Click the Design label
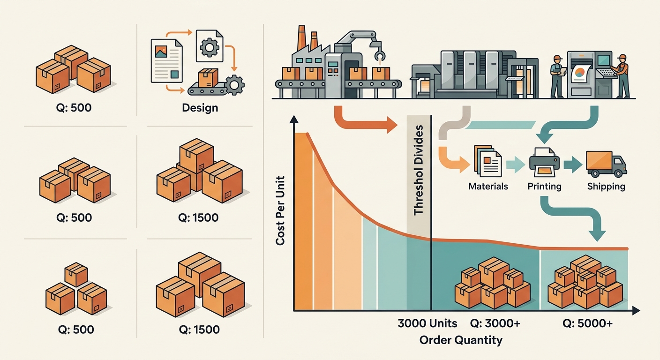point(200,108)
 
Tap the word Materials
point(488,186)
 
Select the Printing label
point(544,186)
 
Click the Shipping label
point(606,186)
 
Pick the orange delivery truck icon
point(606,164)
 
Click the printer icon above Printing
point(544,162)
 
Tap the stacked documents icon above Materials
point(487,161)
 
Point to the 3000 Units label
point(427,323)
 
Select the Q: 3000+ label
point(495,323)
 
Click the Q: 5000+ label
point(587,323)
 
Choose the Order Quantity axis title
point(461,340)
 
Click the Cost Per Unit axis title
point(280,210)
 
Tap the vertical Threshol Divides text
point(419,170)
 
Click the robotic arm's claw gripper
point(380,55)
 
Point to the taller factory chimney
point(301,38)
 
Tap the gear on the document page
point(210,47)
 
